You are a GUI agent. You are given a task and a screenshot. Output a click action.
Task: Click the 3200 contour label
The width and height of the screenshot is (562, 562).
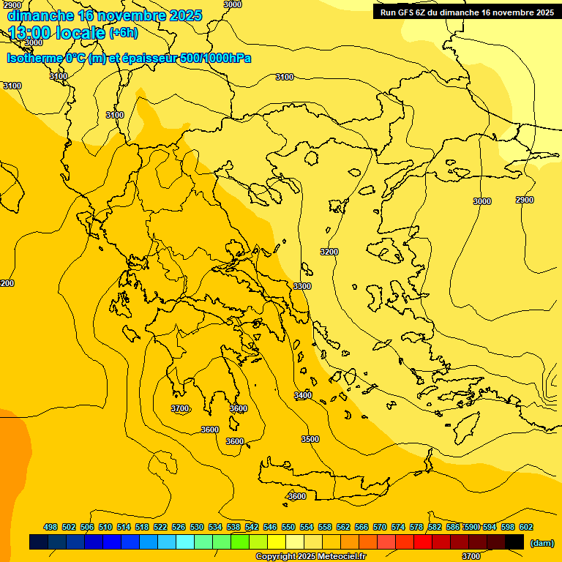point(329,252)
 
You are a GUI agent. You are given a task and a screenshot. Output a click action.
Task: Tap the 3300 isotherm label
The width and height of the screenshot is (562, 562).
point(302,286)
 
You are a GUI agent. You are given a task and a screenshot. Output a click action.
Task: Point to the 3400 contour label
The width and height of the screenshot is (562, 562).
point(303,395)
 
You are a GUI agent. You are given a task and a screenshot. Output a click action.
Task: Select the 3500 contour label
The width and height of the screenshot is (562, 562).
point(310,439)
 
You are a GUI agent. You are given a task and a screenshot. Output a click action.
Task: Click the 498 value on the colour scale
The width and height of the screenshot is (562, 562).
point(50,527)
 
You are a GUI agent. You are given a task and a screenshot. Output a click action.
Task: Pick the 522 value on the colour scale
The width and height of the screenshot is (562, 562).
point(160,527)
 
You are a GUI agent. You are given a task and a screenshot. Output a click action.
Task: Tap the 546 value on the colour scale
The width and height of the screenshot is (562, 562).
point(270,527)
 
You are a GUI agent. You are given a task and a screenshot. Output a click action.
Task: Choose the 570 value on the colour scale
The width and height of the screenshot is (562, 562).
point(380,527)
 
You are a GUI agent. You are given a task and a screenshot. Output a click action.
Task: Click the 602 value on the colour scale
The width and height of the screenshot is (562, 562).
point(526,527)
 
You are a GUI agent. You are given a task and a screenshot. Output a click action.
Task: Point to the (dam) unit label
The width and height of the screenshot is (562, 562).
point(542,542)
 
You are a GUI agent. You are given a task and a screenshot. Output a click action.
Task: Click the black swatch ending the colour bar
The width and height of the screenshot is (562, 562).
point(514,542)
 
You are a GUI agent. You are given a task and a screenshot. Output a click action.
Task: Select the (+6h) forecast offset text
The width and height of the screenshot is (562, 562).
point(123,33)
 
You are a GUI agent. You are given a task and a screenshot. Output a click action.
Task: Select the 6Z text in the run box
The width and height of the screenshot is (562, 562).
point(425,12)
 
